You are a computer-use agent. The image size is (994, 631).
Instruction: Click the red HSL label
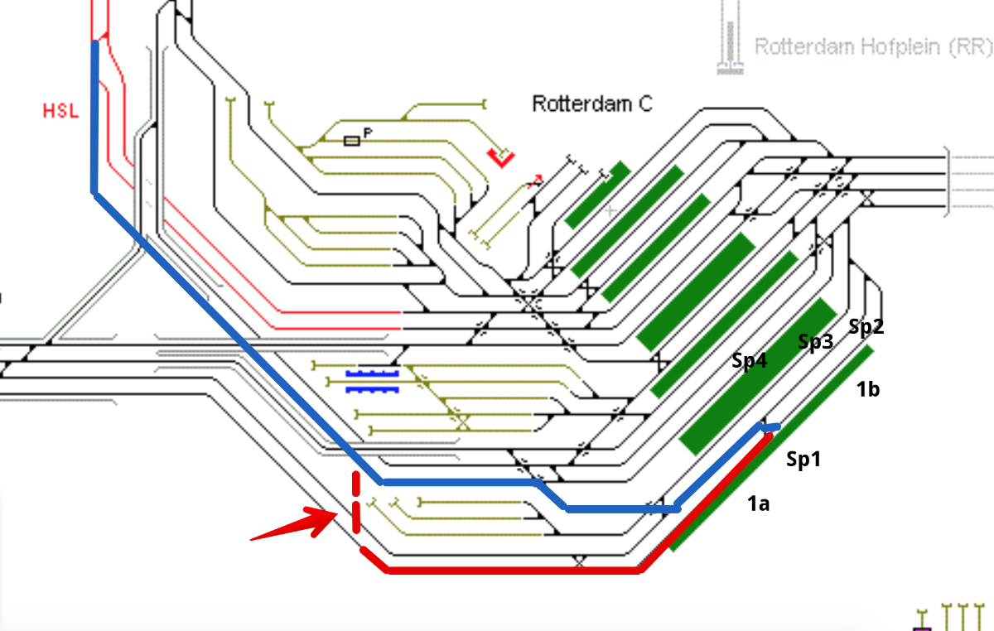(x=60, y=110)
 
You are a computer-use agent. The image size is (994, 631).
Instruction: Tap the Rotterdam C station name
(x=591, y=104)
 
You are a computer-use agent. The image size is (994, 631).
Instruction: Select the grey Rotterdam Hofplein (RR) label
(x=873, y=46)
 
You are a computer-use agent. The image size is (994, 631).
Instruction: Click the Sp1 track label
(x=803, y=459)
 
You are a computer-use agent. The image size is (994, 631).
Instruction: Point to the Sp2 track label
(x=866, y=327)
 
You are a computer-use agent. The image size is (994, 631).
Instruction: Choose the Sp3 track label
(x=815, y=343)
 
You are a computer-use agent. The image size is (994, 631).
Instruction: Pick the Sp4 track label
(x=749, y=361)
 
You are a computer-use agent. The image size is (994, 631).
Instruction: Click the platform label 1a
(x=758, y=502)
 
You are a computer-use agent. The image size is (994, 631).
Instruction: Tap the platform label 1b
(x=867, y=389)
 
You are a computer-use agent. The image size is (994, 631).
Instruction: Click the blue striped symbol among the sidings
(x=372, y=381)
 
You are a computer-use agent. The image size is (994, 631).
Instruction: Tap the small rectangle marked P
(x=352, y=142)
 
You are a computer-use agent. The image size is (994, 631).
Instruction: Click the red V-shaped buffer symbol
(x=501, y=157)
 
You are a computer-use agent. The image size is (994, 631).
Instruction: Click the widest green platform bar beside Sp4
(x=757, y=378)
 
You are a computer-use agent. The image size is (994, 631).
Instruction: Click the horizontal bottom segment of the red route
(x=514, y=570)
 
